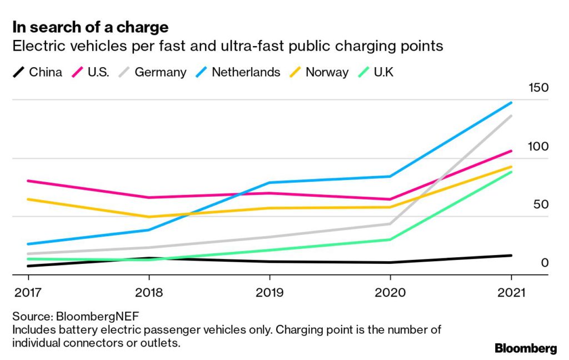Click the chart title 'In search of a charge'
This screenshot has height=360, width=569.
pyautogui.click(x=90, y=27)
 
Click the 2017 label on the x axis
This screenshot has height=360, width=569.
pyautogui.click(x=26, y=292)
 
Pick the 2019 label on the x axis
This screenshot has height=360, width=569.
pyautogui.click(x=269, y=292)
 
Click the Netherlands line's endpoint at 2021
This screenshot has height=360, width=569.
pyautogui.click(x=512, y=103)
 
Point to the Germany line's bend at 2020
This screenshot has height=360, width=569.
pyautogui.click(x=390, y=224)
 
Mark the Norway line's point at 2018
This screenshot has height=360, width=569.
pyautogui.click(x=148, y=217)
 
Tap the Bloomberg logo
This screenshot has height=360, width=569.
pyautogui.click(x=525, y=349)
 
